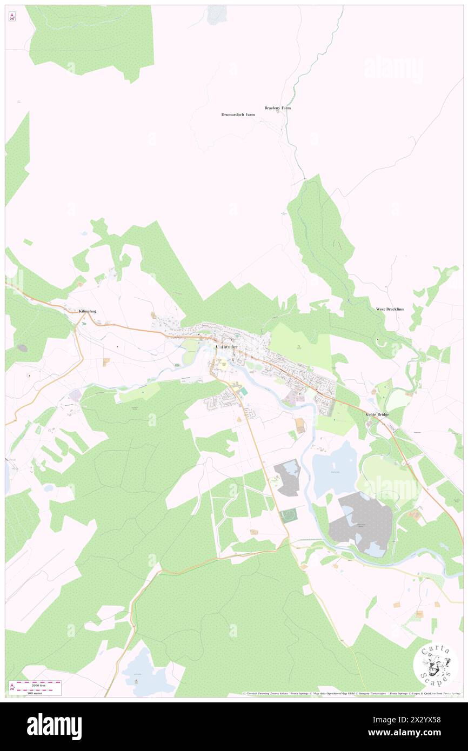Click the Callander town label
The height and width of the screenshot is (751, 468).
click(x=226, y=346)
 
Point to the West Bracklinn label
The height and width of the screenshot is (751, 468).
click(x=390, y=309)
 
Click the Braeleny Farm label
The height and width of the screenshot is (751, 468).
click(x=277, y=108)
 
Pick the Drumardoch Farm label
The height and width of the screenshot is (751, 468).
click(x=238, y=115)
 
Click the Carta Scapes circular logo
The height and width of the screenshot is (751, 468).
click(x=435, y=665)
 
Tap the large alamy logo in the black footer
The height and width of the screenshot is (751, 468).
click(x=54, y=726)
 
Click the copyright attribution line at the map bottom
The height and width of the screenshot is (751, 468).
click(x=351, y=694)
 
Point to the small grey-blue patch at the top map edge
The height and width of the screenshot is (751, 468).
click(x=217, y=15)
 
